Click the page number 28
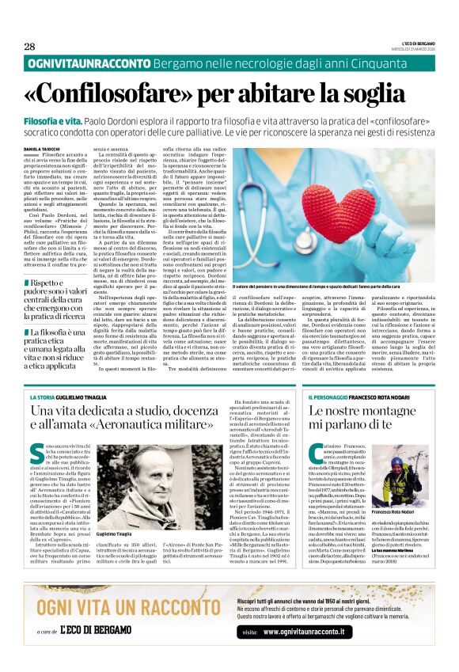tap(29, 46)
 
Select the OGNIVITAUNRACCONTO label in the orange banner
tap(82, 63)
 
